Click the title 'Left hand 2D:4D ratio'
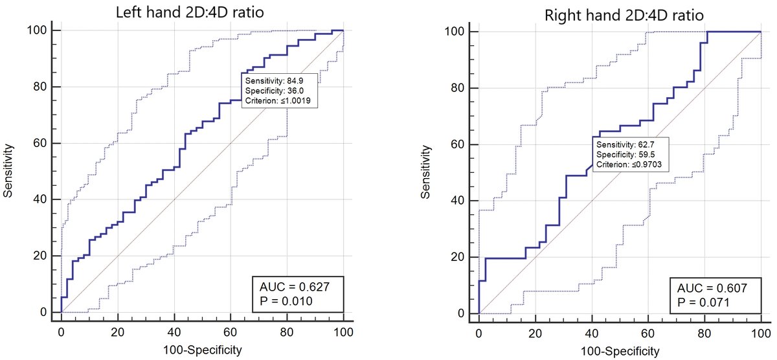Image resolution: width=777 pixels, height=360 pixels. coord(190,12)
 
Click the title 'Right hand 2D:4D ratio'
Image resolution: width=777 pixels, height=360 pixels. coord(624,16)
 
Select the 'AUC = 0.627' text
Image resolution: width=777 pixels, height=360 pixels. coord(295,287)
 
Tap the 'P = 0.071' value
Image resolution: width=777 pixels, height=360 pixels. coord(703,302)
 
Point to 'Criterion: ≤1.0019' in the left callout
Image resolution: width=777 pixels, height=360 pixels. coord(278,100)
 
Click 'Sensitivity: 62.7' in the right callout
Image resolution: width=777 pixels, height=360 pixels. coord(625,144)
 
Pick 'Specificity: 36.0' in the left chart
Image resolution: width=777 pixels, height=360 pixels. coord(275,91)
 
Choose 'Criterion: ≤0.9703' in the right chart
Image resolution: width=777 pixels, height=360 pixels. coord(629,164)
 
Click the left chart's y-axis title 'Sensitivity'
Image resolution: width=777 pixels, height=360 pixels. coord(8,171)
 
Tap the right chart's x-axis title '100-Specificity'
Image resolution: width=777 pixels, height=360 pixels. coord(620,351)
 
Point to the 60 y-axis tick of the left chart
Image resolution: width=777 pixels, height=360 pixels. coord(40,143)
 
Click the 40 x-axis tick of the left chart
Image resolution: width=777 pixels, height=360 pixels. coord(174,332)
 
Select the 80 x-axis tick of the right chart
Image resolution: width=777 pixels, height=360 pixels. coord(704,333)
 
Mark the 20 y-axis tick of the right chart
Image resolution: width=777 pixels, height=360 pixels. coord(458,257)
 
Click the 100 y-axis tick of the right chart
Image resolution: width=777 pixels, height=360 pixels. coord(455,32)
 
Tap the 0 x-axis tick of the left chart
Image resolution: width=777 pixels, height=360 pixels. coord(61,332)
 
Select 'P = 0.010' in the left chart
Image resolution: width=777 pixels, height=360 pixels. coord(286,301)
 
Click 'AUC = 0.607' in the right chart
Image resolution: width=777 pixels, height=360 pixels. coord(712,288)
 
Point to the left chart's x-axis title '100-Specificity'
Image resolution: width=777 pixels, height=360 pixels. coord(202,350)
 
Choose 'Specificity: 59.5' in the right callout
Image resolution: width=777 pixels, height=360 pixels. coord(625,154)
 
